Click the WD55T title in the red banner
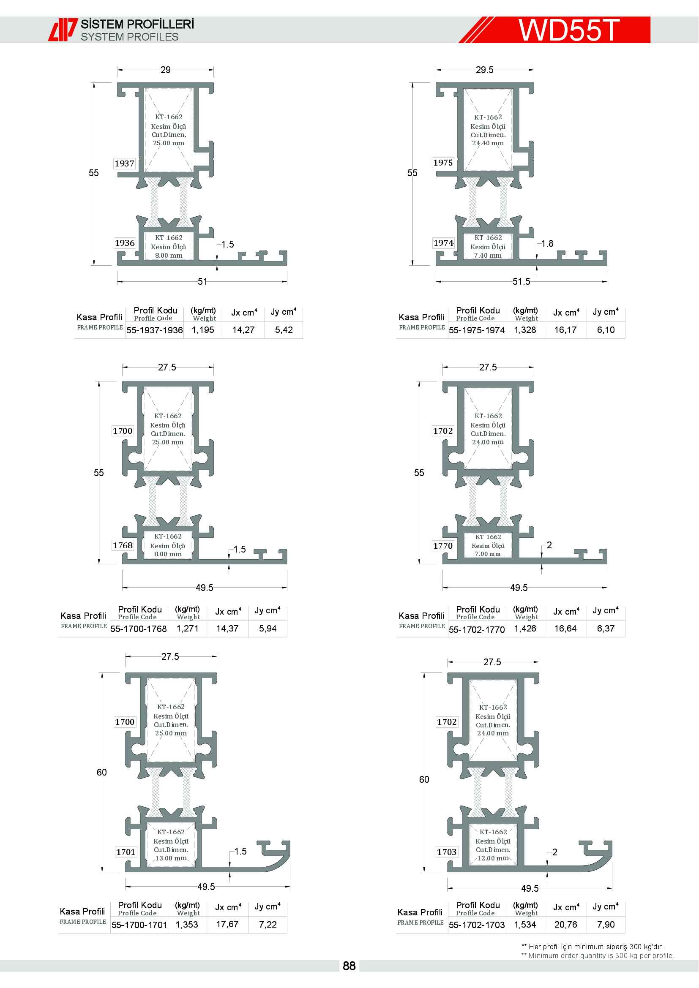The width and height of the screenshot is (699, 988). pos(568,30)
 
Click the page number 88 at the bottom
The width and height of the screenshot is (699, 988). pos(349,966)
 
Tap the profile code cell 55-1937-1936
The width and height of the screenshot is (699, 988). pos(155,330)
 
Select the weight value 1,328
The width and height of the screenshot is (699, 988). pos(525,330)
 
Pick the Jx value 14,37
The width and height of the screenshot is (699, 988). pos(227,629)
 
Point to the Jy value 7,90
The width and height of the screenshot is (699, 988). pos(606,924)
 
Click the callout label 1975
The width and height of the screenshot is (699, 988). pos(443,163)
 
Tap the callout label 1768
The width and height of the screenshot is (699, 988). pos(123,545)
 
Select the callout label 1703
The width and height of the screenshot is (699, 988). pos(447,852)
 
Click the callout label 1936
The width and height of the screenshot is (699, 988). pos(125,243)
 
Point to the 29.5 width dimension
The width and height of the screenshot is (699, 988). pos(485,70)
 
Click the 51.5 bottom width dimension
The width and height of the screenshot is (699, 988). pos(521,281)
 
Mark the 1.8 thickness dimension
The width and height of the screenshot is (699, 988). pos(547,244)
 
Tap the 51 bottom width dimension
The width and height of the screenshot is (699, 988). pos(202,281)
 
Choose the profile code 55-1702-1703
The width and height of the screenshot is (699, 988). pos(477,925)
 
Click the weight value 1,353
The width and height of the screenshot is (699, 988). pos(187,924)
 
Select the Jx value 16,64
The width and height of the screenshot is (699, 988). pos(565,629)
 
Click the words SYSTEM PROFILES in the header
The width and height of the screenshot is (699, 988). pos(130,37)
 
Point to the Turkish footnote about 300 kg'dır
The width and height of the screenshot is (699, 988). pos(593,946)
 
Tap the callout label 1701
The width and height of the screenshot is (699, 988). pos(126,852)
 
